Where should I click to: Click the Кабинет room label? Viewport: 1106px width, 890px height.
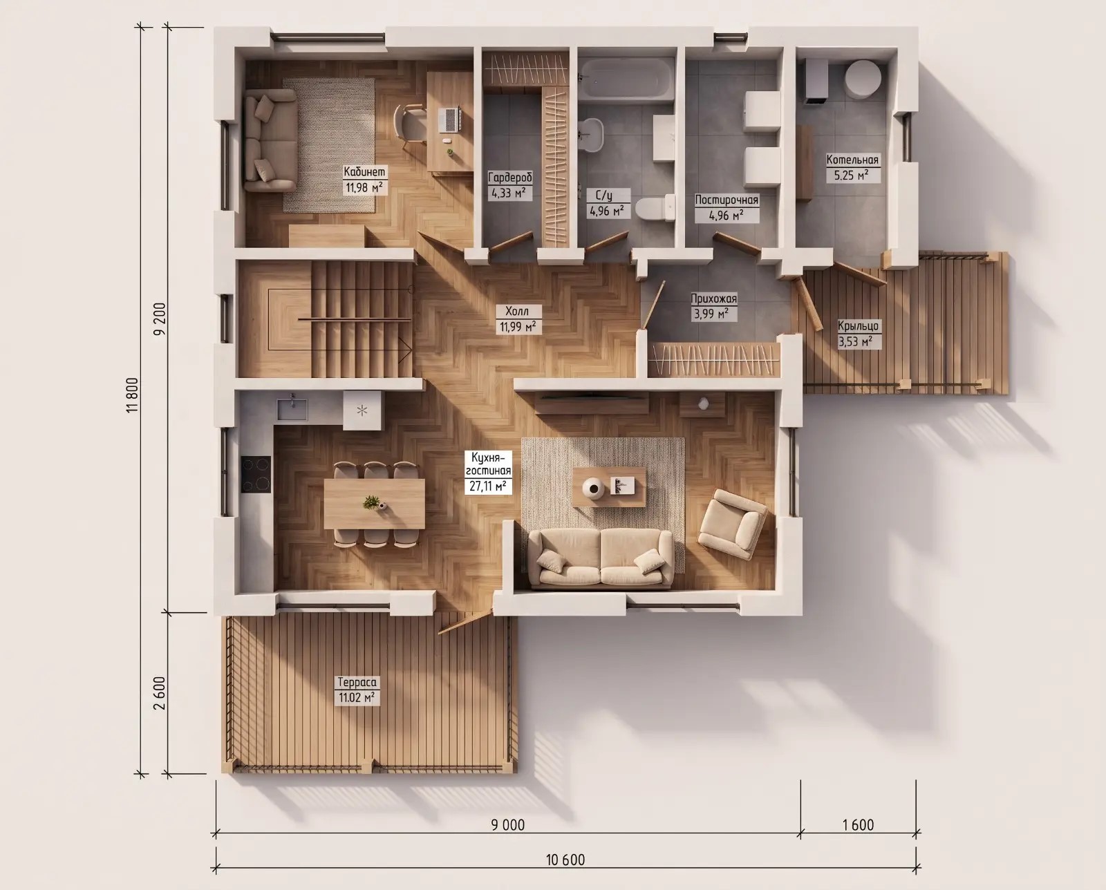364,171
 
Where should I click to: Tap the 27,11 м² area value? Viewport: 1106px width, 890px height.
487,486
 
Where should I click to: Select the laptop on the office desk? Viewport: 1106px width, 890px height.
450,120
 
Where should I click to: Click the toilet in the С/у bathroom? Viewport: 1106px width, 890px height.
655,208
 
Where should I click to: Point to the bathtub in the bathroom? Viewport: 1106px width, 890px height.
626,78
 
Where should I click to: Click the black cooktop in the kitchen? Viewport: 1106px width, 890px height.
256,474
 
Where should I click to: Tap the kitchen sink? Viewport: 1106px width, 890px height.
292,408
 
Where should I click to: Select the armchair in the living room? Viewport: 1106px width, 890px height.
733,524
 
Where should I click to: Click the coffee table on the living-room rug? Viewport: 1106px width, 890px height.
609,486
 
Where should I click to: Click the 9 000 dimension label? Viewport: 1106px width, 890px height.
508,825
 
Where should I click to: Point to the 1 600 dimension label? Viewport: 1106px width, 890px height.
858,825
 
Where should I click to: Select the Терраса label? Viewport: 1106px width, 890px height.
357,683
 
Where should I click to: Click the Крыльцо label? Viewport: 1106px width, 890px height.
858,325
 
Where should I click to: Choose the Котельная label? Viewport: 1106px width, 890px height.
852,160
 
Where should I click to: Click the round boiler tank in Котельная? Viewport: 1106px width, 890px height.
863,79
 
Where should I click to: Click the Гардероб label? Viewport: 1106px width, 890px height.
510,178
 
